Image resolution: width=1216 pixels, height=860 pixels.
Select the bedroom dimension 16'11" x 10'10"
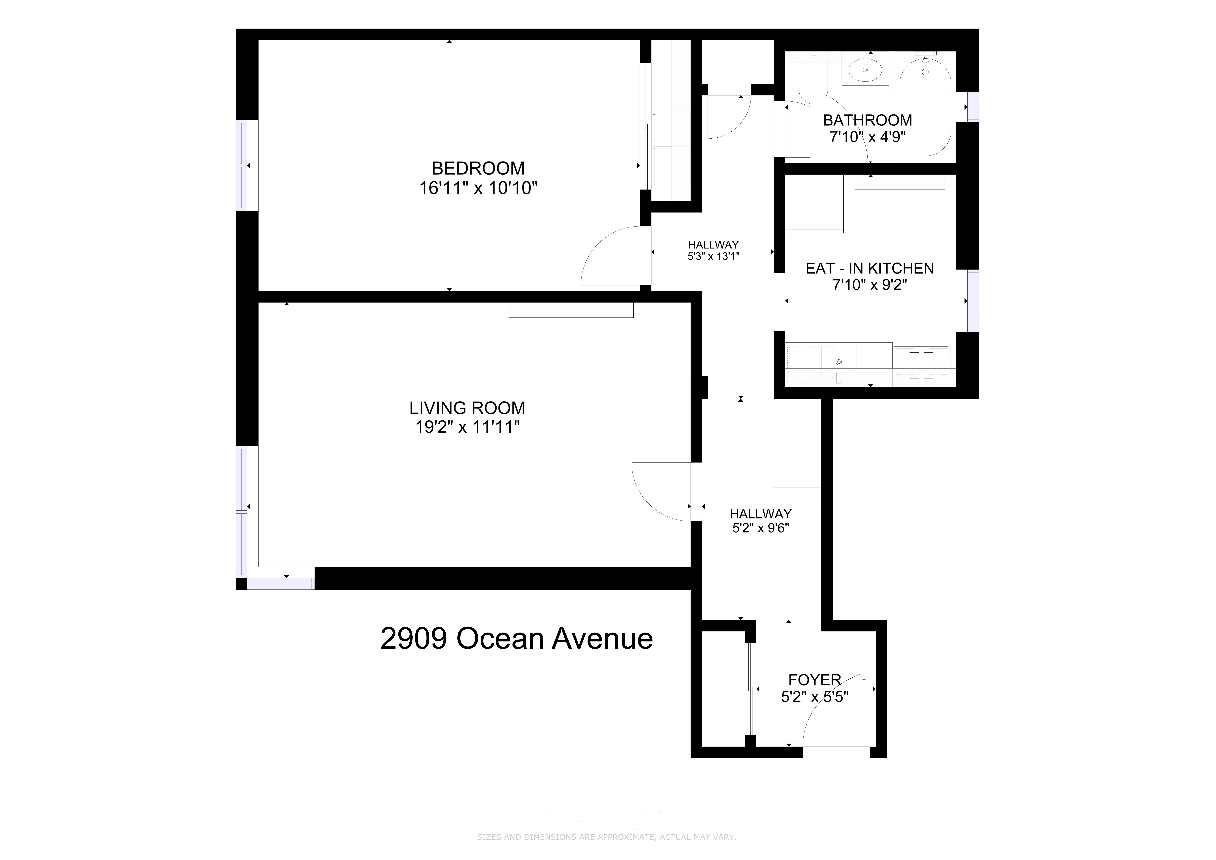(x=478, y=188)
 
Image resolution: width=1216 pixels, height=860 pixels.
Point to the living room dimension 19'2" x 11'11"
(x=467, y=427)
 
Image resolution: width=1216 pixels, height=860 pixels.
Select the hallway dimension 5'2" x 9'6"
(x=761, y=528)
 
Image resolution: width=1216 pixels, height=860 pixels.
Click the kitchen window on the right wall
(x=972, y=301)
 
